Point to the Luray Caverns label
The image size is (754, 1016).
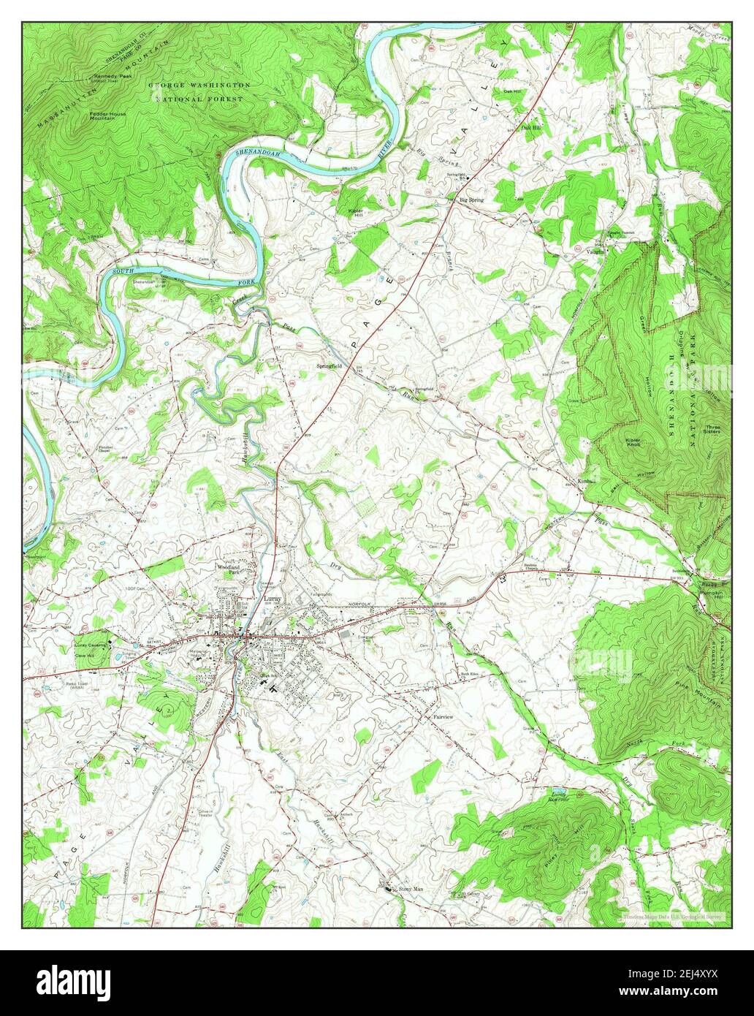tap(91, 646)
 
